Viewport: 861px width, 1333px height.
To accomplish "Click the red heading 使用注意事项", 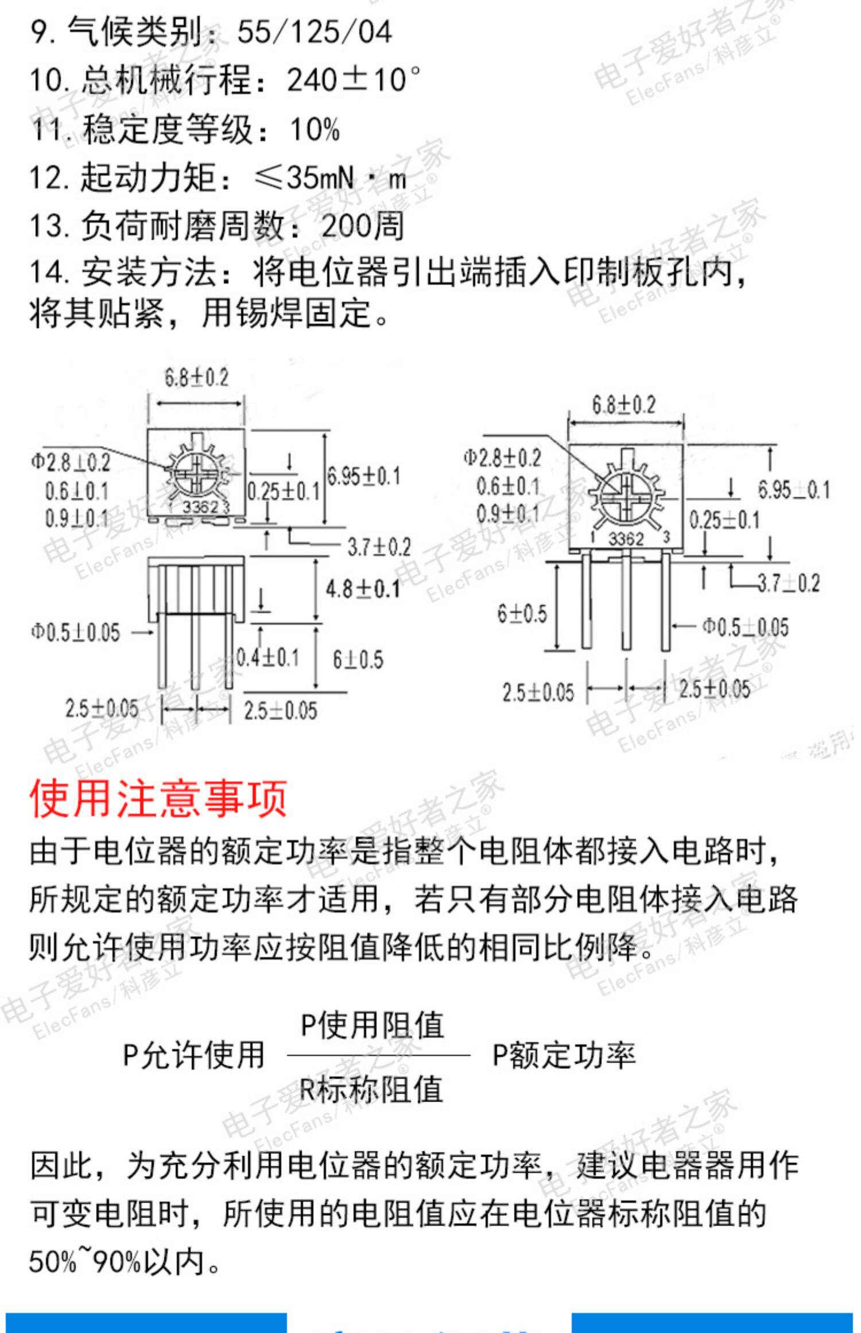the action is pyautogui.click(x=158, y=798).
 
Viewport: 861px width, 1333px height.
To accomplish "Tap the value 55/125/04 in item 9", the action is pyautogui.click(x=314, y=32).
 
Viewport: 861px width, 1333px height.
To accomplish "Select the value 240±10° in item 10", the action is pyautogui.click(x=353, y=80).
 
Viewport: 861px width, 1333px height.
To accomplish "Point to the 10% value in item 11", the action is pyautogui.click(x=315, y=129).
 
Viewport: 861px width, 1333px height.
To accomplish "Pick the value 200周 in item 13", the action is pyautogui.click(x=363, y=226).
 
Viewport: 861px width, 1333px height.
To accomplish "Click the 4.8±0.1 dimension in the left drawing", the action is pyautogui.click(x=363, y=590).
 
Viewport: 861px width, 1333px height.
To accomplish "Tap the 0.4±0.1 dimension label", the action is pyautogui.click(x=268, y=657).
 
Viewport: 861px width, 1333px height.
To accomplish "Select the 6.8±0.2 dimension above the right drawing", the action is pyautogui.click(x=623, y=405).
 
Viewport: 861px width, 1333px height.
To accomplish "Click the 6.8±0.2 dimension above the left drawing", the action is pyautogui.click(x=196, y=378).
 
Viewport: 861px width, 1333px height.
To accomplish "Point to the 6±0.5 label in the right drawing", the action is pyautogui.click(x=522, y=614).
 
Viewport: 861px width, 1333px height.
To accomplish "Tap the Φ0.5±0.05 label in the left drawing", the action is pyautogui.click(x=75, y=633).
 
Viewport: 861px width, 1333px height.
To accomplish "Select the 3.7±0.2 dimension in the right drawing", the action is pyautogui.click(x=789, y=584).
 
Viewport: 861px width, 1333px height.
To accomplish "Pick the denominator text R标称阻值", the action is pyautogui.click(x=371, y=1089).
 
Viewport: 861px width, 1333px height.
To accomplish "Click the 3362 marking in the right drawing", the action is pyautogui.click(x=626, y=538).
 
